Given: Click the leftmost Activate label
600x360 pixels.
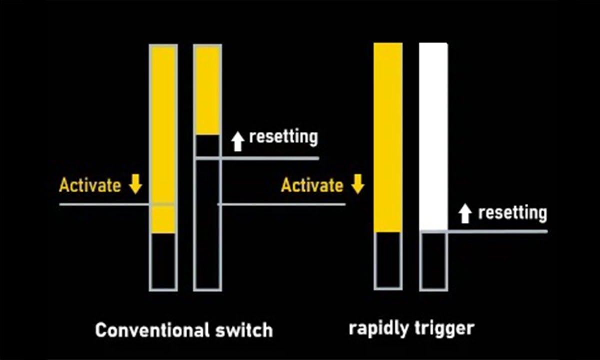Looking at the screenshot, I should coord(90,185).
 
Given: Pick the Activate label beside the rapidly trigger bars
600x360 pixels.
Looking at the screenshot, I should coord(312,185).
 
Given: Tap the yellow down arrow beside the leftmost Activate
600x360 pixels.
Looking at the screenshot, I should coord(135,185).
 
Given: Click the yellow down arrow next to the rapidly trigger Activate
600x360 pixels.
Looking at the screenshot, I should coord(357,185).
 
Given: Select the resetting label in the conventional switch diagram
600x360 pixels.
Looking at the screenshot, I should coord(283,136).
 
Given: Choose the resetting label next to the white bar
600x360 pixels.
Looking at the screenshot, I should coord(512,213).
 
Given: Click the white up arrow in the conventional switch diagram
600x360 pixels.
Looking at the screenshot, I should coord(238,141).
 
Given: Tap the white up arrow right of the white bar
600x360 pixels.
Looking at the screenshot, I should coord(465,214).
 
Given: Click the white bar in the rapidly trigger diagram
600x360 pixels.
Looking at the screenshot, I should coord(433,135).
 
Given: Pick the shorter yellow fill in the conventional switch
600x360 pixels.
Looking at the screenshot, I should coord(207,90).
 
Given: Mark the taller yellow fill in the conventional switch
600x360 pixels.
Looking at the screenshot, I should coord(163,135).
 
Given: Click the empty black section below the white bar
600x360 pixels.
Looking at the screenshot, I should coord(433,260).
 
